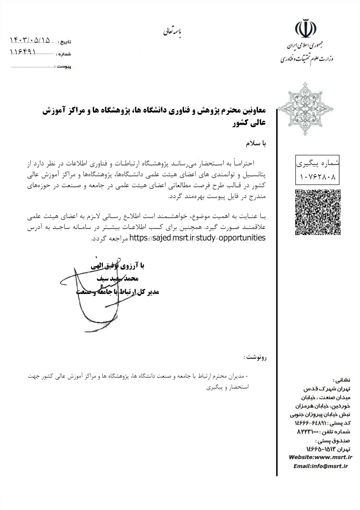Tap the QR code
pyautogui.click(x=318, y=212)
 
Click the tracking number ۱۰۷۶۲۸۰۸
pyautogui.click(x=318, y=177)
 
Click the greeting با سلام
pyautogui.click(x=256, y=144)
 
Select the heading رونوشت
pyautogui.click(x=255, y=357)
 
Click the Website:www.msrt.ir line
pyautogui.click(x=321, y=457)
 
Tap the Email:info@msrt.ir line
pyautogui.click(x=321, y=466)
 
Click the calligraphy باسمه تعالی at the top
pyautogui.click(x=173, y=32)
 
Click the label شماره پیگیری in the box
pyautogui.click(x=317, y=163)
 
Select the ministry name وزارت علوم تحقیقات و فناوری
pyautogui.click(x=307, y=58)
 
